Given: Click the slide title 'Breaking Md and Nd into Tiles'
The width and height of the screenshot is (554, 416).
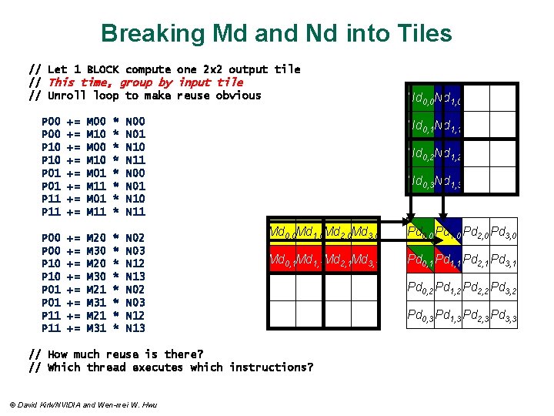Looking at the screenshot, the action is click(x=276, y=33).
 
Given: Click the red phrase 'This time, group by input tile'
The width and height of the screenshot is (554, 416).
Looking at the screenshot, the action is click(x=145, y=82).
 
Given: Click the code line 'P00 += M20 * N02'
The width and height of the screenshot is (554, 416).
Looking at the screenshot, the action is click(x=93, y=238).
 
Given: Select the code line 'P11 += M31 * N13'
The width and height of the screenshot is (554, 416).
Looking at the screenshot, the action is click(x=93, y=328).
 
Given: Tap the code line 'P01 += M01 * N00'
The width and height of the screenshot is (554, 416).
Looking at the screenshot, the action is click(x=93, y=173).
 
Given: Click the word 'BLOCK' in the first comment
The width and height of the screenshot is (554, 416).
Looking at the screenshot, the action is click(x=102, y=69).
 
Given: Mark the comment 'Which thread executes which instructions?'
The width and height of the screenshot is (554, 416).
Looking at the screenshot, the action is click(x=180, y=367).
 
